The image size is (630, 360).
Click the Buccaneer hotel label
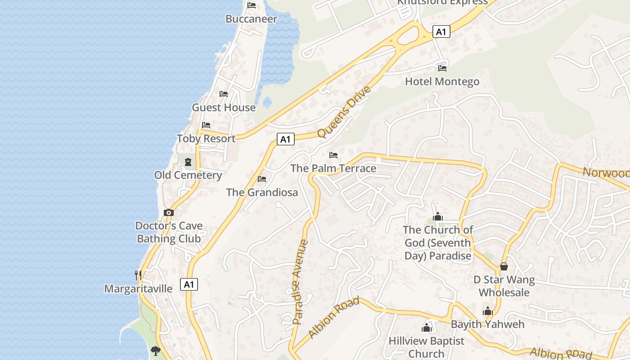point(251,19)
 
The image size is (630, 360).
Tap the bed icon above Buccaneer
point(252,5)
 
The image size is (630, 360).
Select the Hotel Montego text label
point(442,81)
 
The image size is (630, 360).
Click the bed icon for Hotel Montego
point(442,68)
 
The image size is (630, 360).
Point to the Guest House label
point(224,108)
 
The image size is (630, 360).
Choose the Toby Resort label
point(206,139)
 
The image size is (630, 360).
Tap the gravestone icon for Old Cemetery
point(188,162)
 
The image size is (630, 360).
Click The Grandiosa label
point(262,193)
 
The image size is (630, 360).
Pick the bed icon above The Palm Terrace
point(333,155)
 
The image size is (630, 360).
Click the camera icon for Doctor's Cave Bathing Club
point(169,212)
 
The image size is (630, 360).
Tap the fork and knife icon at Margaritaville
point(138,274)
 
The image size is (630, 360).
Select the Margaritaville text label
point(138,288)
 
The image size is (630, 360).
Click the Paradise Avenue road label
point(300,282)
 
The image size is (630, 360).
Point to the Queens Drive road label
point(344,112)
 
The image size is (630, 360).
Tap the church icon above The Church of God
point(438,217)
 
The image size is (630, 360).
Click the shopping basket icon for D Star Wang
point(504,266)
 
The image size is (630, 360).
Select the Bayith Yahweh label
point(487,324)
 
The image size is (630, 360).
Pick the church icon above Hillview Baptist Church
point(427,328)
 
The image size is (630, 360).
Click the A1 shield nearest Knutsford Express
point(441,31)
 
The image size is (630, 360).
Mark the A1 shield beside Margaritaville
point(189,284)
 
